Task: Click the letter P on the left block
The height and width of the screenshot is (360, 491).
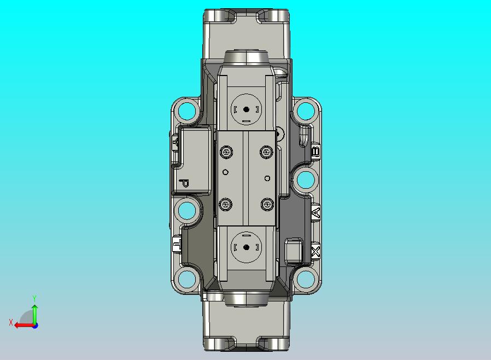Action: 184,183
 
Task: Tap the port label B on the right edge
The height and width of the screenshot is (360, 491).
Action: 315,151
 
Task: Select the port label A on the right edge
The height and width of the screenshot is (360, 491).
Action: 315,212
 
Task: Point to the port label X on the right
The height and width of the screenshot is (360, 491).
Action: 315,252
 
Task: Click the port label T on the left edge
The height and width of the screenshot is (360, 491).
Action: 177,243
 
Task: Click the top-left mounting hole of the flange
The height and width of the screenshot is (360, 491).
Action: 188,112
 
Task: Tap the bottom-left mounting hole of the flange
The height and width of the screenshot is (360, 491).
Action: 188,279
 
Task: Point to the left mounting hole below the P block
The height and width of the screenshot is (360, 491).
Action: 187,210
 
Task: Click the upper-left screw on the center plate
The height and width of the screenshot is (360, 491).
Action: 226,152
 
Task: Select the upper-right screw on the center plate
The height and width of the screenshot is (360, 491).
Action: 267,152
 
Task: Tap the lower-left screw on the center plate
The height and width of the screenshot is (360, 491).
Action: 226,205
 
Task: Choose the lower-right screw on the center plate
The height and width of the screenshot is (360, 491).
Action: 267,205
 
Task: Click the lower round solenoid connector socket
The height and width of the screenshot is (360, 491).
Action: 247,247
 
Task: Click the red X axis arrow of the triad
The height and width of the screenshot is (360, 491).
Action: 21,325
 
